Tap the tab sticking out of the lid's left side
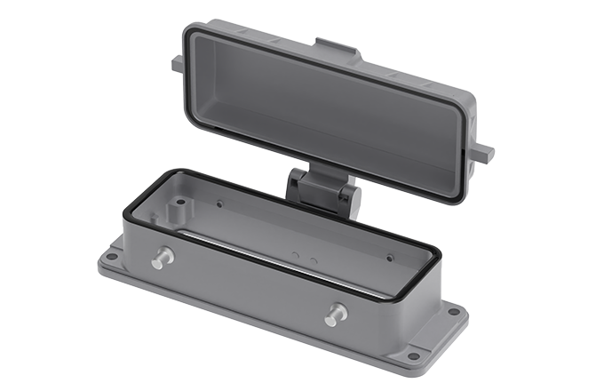click(177, 63)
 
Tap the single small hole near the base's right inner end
click(389, 258)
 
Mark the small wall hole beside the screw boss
click(182, 203)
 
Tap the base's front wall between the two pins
click(249, 284)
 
